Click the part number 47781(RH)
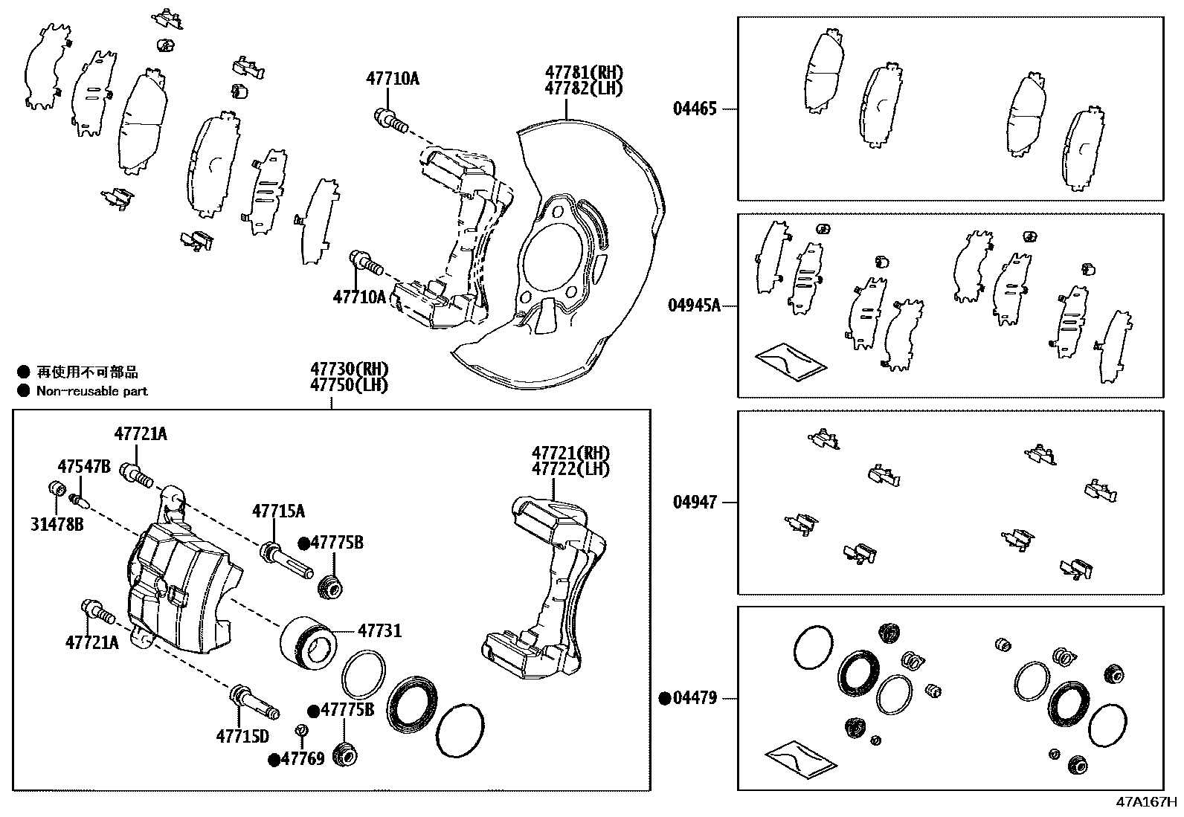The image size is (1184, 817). point(584,73)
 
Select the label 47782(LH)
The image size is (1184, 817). point(584,88)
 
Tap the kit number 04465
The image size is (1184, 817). point(695,109)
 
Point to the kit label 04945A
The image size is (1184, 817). point(693,306)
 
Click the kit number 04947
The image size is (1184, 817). point(695,503)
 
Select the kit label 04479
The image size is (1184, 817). point(695,698)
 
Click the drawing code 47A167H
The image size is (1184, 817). point(1146,802)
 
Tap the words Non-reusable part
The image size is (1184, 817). point(92,391)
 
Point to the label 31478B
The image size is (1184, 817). point(57,525)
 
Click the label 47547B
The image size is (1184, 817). point(84,467)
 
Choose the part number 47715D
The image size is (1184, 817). point(242,736)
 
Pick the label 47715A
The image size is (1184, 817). point(278,511)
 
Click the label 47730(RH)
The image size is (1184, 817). point(350,369)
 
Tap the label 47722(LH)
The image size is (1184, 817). point(570,469)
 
